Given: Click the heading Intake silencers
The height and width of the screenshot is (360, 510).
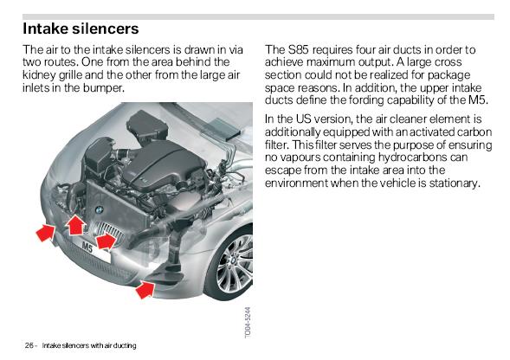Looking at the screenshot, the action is pos(81,29).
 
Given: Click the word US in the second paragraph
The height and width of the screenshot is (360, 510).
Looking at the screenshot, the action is pos(303,119).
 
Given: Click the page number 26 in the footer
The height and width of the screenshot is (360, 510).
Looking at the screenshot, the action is pos(29,345).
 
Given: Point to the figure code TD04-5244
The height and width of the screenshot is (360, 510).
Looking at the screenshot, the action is pos(248,322).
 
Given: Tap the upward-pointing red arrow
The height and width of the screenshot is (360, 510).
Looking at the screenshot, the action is pos(75,225).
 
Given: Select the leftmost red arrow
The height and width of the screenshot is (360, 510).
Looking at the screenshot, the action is pos(46,233).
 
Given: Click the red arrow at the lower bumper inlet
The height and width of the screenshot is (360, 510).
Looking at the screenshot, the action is pos(145,289).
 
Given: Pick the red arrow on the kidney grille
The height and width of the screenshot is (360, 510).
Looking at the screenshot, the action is pos(106,241).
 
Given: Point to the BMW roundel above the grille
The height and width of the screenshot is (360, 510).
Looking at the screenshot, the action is pos(99,210).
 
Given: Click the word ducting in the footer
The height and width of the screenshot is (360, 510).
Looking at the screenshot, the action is pos(126,345).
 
